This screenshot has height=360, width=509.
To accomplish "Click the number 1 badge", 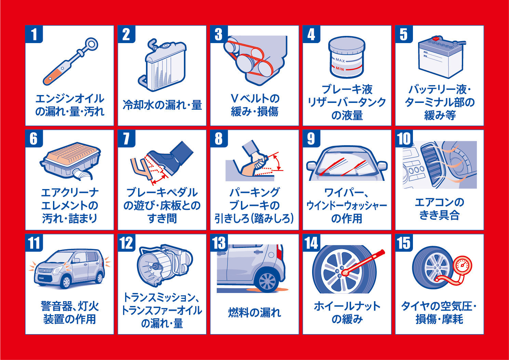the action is (34, 34).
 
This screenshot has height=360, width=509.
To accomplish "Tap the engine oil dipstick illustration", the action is (70, 61).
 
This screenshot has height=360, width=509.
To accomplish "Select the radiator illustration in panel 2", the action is (162, 65).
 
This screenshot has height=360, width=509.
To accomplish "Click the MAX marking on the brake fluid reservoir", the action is (340, 60).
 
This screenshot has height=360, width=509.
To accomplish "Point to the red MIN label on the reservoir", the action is (340, 69).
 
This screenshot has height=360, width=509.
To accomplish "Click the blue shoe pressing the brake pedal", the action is (171, 159).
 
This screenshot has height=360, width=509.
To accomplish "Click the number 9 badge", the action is (311, 138).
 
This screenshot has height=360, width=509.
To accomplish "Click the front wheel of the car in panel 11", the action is (66, 282).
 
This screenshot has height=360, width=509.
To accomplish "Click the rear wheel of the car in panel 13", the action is (267, 281).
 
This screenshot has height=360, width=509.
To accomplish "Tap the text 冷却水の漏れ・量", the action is (162, 105).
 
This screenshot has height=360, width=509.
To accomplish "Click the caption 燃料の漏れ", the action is (254, 312).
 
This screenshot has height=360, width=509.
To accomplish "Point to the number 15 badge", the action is (404, 243).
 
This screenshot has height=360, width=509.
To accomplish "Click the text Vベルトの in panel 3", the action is (255, 98).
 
